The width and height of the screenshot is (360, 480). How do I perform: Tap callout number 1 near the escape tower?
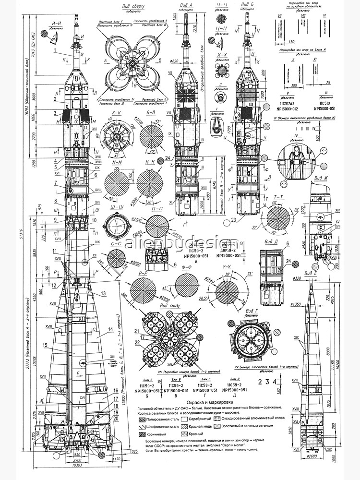[56, 50]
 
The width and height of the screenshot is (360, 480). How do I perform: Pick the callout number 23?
[233, 220]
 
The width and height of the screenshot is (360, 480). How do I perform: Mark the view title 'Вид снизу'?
[165, 306]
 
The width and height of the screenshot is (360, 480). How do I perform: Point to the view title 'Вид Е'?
[315, 273]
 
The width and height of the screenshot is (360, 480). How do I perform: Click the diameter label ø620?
[175, 61]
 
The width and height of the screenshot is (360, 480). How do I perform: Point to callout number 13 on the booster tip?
[103, 293]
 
